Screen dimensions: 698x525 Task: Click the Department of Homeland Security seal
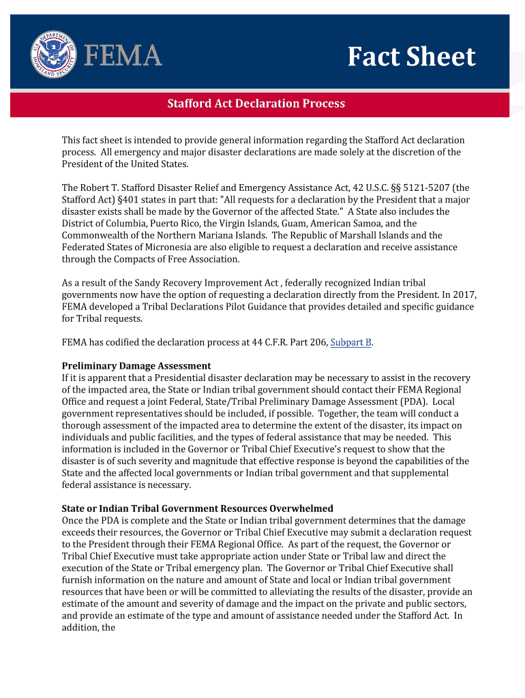(x=53, y=54)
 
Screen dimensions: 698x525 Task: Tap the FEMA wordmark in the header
(x=123, y=55)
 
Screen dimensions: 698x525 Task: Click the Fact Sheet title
(x=411, y=57)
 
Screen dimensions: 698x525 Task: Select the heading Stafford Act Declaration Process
(x=256, y=104)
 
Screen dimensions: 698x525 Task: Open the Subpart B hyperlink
(x=351, y=342)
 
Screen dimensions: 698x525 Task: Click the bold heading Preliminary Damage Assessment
(x=136, y=366)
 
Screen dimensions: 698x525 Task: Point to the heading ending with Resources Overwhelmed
(x=198, y=509)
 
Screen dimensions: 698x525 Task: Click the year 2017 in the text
(x=464, y=295)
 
